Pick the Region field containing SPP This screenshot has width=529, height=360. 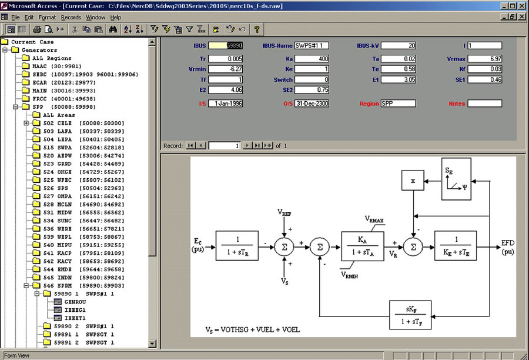pyautogui.click(x=398, y=104)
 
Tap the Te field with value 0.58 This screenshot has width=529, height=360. pyautogui.click(x=398, y=69)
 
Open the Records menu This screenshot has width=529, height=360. pyautogui.click(x=71, y=17)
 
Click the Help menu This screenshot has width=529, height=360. pyautogui.click(x=115, y=17)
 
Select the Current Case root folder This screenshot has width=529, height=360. pyautogui.click(x=32, y=42)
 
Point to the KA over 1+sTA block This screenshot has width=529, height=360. pyautogui.click(x=362, y=246)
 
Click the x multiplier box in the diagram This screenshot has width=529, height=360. pyautogui.click(x=413, y=181)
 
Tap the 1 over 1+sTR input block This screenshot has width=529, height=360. pyautogui.click(x=237, y=246)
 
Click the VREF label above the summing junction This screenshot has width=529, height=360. pyautogui.click(x=284, y=212)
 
